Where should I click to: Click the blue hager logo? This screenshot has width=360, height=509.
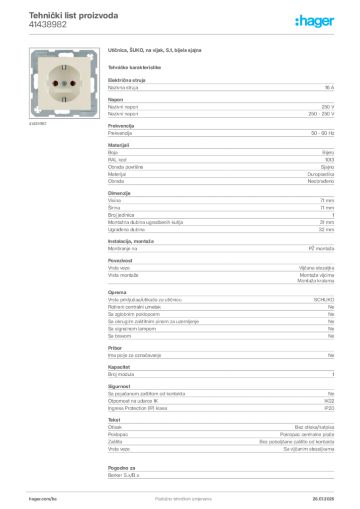point(315,21)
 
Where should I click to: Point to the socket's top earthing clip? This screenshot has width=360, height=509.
point(63,67)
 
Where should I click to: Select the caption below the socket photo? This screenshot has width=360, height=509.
point(37,124)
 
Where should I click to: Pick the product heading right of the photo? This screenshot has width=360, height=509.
point(155,51)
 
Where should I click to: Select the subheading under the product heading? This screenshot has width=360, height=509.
point(135,67)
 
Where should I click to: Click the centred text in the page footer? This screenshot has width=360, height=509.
point(177,496)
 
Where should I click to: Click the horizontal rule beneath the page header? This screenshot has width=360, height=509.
point(182,34)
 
